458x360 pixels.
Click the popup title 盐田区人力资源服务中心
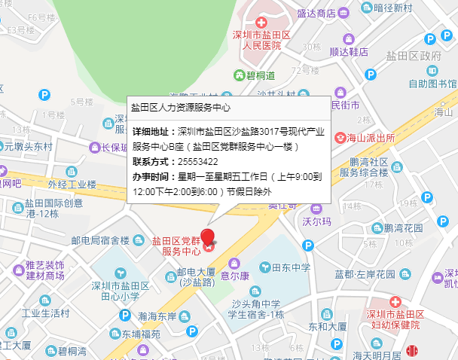coord(181,108)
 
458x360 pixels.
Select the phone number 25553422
coord(198,162)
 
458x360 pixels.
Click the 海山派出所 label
coord(370,139)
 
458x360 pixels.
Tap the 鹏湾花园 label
coord(403,227)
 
